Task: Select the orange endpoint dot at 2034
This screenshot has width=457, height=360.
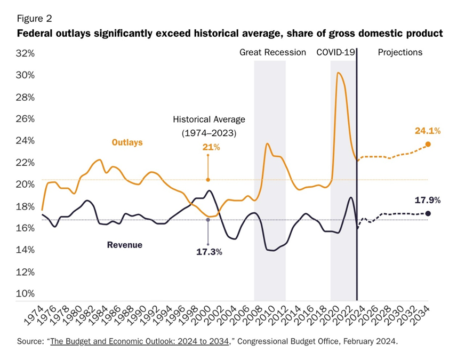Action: coord(428,144)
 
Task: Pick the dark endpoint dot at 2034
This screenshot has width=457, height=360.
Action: coord(428,213)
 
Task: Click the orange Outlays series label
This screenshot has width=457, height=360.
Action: coord(126,142)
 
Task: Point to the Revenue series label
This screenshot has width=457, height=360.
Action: coord(125,245)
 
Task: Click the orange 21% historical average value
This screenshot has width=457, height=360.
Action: coord(211,147)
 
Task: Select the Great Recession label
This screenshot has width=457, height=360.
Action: coord(272,52)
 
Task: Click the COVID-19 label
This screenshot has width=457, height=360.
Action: coord(336,52)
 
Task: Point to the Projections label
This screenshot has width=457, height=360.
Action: coord(400,52)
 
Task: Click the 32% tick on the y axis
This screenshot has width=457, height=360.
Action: coord(24,53)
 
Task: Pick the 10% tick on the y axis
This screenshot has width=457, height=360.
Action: coord(24,293)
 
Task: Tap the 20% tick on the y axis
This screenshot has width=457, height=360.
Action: coord(24,184)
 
